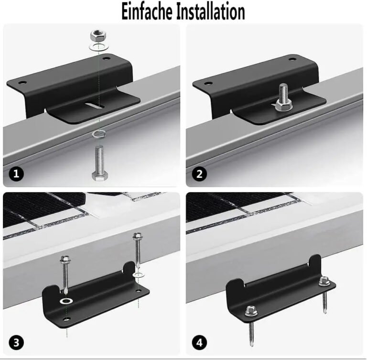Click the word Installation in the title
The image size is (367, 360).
pyautogui.click(x=211, y=11)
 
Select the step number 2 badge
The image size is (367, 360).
pyautogui.click(x=199, y=174)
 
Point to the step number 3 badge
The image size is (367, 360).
pyautogui.click(x=16, y=342)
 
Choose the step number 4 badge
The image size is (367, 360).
pyautogui.click(x=199, y=342)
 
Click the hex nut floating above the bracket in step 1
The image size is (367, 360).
pyautogui.click(x=98, y=35)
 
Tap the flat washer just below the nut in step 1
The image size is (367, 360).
pyautogui.click(x=98, y=47)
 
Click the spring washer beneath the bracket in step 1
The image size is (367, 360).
pyautogui.click(x=98, y=133)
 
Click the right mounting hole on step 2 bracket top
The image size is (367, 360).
pyautogui.click(x=292, y=59)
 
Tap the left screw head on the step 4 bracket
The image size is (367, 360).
pyautogui.click(x=250, y=312)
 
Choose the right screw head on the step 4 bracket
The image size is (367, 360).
pyautogui.click(x=324, y=281)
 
